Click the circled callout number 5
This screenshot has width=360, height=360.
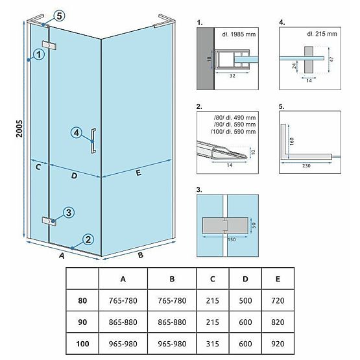tap(60, 16)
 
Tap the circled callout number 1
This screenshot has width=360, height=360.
tap(40, 55)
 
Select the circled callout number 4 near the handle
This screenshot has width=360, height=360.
tap(77, 133)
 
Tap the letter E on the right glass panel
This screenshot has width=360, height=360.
tap(138, 173)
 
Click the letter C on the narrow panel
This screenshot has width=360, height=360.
tap(38, 167)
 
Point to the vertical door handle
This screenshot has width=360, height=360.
tap(95, 141)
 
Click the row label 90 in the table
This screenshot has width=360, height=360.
tap(81, 320)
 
